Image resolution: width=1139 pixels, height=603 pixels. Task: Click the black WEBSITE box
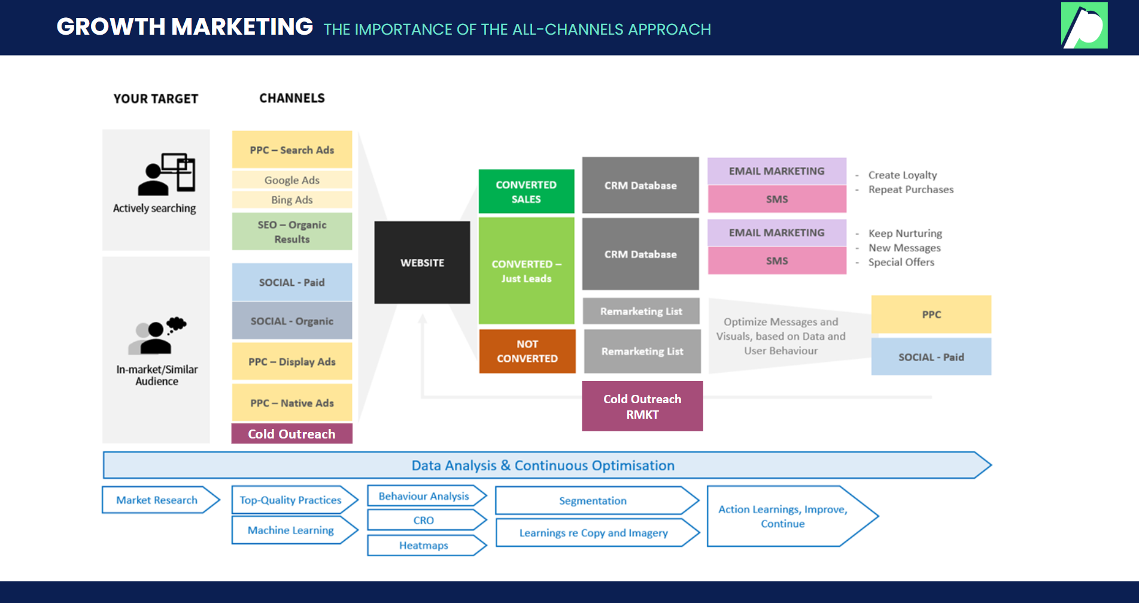pos(422,263)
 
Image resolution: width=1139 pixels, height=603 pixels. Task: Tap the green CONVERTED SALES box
pos(526,191)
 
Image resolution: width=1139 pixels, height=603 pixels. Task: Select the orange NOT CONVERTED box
pos(527,351)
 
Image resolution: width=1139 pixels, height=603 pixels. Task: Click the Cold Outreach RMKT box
pos(642,406)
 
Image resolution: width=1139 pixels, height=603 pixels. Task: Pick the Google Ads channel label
pos(292,180)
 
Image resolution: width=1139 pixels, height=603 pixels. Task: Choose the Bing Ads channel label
pos(292,200)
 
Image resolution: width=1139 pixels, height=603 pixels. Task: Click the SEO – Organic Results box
pos(292,232)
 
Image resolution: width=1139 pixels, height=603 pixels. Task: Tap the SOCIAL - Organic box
pos(292,321)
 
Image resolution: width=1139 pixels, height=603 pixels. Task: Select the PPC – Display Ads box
pos(292,361)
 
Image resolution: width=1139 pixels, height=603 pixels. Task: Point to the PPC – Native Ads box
pos(292,403)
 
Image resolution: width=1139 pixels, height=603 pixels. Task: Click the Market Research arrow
pos(157,500)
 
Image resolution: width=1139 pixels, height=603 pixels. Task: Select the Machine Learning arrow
pos(291,530)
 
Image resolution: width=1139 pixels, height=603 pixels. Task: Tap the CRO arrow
pos(424,520)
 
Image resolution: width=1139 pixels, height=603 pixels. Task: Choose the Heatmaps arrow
pos(424,546)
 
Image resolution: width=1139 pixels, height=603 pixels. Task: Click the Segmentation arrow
pos(593,501)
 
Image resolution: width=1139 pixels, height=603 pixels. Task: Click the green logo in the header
pos(1084,25)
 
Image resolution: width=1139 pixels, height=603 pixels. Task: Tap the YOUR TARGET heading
pos(156,99)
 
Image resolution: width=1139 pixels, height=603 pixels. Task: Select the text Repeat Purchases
pos(911,190)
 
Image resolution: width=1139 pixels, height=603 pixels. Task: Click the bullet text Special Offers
pos(901,262)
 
